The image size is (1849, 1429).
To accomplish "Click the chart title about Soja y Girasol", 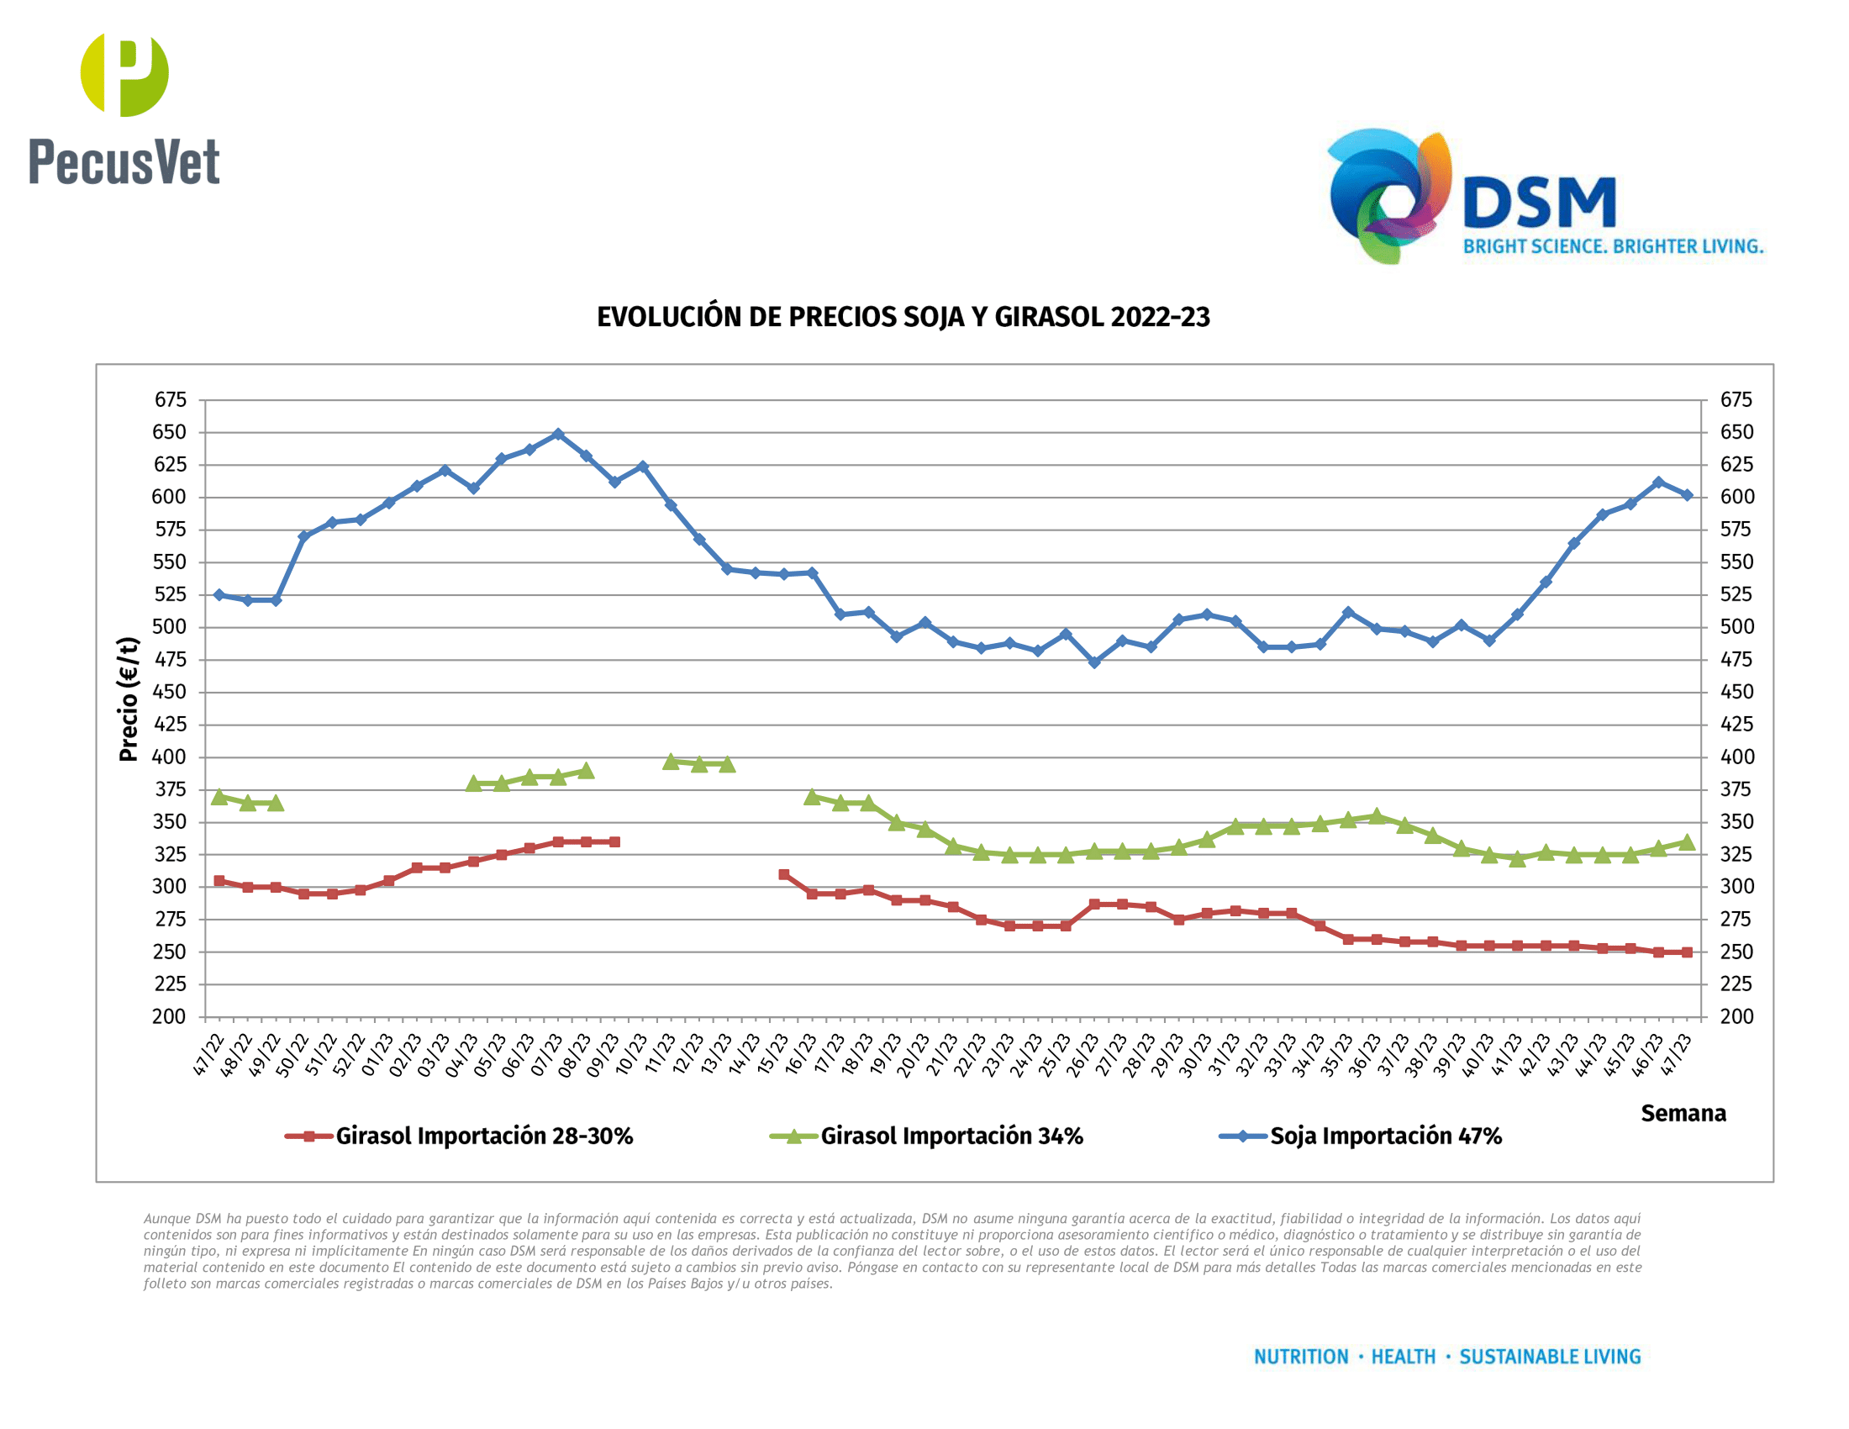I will pyautogui.click(x=903, y=318).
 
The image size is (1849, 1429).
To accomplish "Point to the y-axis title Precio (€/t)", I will pyautogui.click(x=129, y=699).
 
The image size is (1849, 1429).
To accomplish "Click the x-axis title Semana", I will pyautogui.click(x=1683, y=1113).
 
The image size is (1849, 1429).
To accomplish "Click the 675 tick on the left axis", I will pyautogui.click(x=170, y=399).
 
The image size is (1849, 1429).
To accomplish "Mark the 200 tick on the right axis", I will pyautogui.click(x=1736, y=1017).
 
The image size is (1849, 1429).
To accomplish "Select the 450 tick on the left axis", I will pyautogui.click(x=170, y=692).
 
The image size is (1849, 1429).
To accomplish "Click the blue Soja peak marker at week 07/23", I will pyautogui.click(x=558, y=435).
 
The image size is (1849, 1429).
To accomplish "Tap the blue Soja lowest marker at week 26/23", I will pyautogui.click(x=1093, y=662).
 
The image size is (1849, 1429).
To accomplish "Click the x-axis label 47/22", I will pyautogui.click(x=208, y=1055).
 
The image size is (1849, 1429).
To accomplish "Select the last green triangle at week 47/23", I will pyautogui.click(x=1687, y=841).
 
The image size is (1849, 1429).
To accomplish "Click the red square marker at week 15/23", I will pyautogui.click(x=784, y=874).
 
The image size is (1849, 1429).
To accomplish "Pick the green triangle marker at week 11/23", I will pyautogui.click(x=671, y=761).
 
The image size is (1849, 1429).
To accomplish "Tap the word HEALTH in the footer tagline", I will pyautogui.click(x=1403, y=1357).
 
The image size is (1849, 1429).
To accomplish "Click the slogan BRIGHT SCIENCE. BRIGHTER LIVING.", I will pyautogui.click(x=1613, y=246).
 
